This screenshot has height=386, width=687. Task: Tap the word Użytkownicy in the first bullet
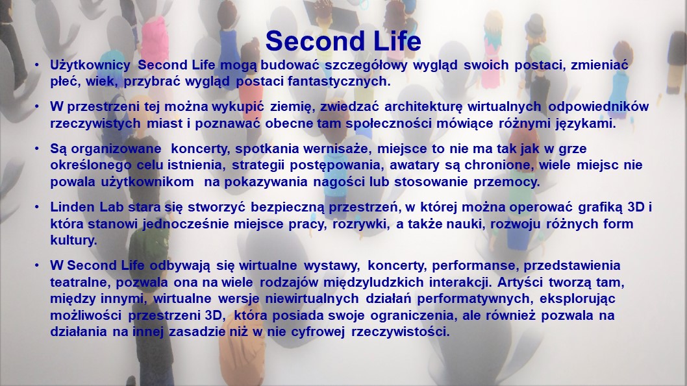click(90, 66)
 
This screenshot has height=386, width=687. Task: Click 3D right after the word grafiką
click(636, 207)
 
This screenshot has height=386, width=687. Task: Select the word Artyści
click(520, 282)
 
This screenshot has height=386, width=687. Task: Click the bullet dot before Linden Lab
click(37, 208)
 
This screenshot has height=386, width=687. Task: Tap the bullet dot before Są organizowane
click(37, 149)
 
